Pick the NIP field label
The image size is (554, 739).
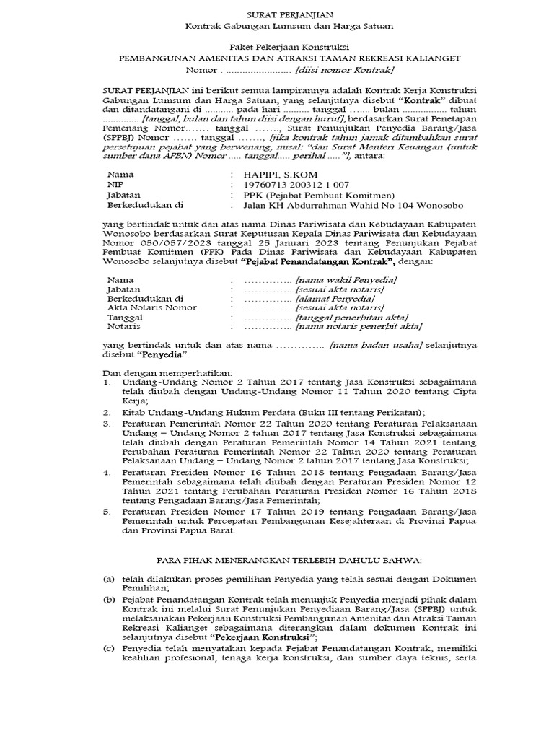click(x=115, y=185)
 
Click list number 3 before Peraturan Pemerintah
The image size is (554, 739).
click(x=107, y=423)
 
